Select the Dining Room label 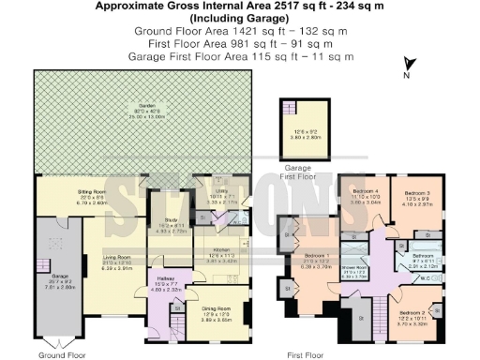(217, 309)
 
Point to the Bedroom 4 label (364, 193)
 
